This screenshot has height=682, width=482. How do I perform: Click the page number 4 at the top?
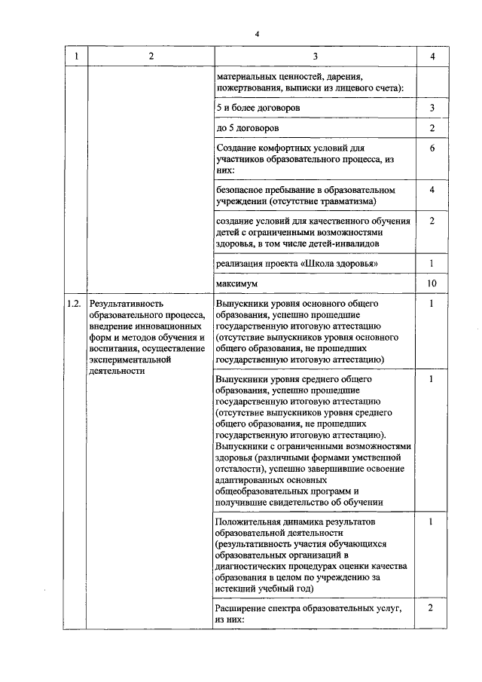point(256,35)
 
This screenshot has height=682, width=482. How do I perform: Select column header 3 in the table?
point(315,57)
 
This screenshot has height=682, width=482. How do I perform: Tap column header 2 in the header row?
point(151,57)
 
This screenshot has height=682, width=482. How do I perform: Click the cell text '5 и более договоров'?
point(258,109)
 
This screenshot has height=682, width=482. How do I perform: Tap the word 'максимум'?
point(236,284)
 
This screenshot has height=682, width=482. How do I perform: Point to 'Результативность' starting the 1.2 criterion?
point(125,304)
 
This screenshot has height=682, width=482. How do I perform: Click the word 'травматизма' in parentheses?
point(348,201)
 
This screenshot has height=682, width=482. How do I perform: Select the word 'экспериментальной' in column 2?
point(129,359)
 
